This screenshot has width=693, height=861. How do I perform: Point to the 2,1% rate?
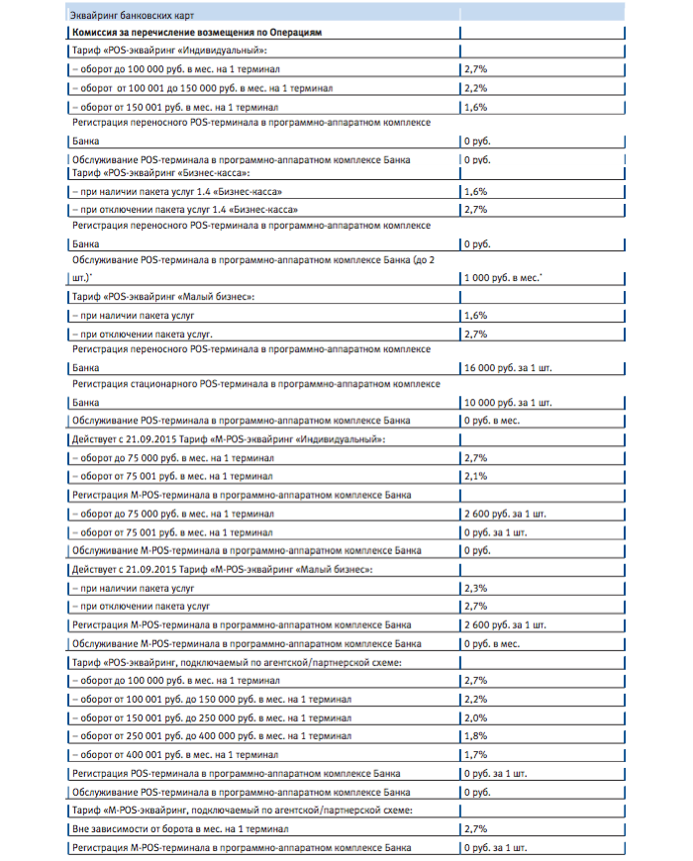(475, 476)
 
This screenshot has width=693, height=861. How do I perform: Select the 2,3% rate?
(475, 589)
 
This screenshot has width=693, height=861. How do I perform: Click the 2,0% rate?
(475, 717)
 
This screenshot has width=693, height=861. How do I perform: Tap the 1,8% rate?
(475, 736)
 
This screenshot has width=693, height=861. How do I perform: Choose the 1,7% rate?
(475, 755)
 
